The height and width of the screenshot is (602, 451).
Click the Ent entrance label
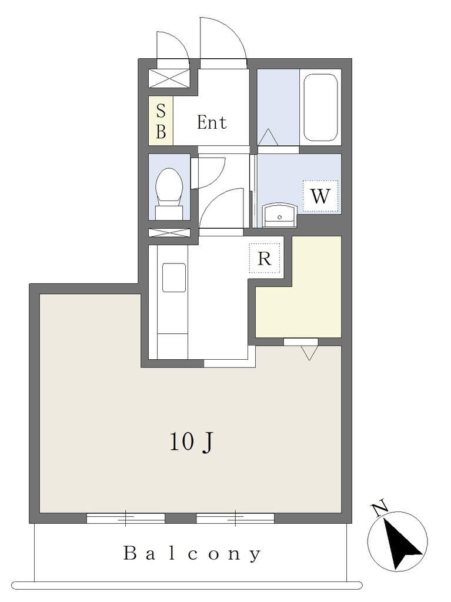pos(212,122)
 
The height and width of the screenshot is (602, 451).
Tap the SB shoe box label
pos(161,121)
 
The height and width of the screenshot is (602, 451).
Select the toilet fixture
pos(169,193)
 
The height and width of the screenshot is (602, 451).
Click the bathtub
pos(321,108)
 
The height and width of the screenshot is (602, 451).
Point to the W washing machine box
pos(320,196)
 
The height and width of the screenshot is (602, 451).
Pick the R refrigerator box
pos(264,259)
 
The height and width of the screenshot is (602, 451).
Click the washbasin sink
pos(280,216)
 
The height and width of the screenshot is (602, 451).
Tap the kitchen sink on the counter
pos(174,277)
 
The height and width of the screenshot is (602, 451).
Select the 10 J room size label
pos(191,442)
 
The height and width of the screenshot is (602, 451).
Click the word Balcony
pos(192,554)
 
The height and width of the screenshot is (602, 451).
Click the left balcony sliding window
pos(126,519)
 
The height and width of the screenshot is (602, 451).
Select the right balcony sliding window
pos(235,519)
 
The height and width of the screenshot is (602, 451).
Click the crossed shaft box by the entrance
pos(169,78)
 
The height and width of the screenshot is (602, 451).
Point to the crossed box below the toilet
pos(169,232)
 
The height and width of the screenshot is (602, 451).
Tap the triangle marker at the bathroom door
pos(268,138)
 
